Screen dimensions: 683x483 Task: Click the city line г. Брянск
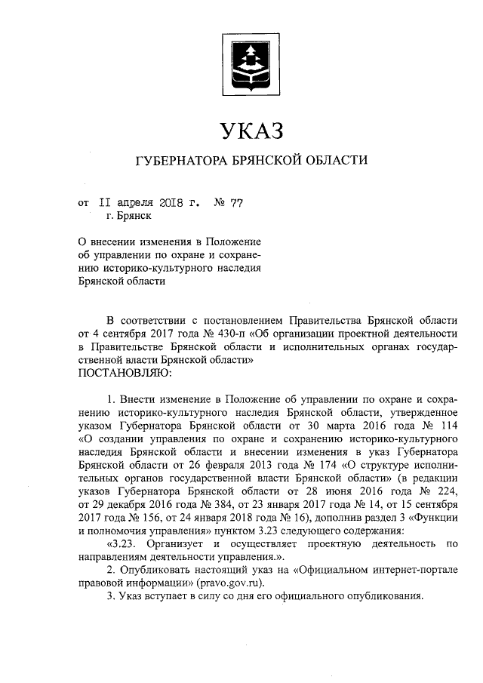coord(129,216)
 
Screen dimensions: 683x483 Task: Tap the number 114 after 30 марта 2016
coord(449,424)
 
